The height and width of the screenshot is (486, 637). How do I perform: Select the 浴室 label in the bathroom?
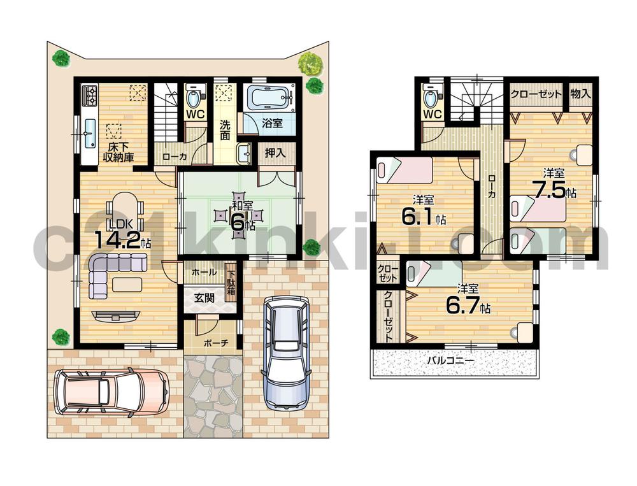pos(273,124)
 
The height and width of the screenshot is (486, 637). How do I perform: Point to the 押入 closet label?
pos(276,153)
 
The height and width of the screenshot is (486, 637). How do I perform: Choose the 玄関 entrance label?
pos(204,297)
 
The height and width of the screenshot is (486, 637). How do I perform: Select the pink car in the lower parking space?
pos(111,389)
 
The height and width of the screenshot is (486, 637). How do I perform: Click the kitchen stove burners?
pos(89,96)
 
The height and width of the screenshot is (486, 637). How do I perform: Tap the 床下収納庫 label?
pos(118,153)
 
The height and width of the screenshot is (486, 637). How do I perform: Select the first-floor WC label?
pos(195,115)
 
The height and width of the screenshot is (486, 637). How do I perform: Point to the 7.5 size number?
pos(550,190)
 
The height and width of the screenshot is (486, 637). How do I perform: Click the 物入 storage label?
pos(580,94)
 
